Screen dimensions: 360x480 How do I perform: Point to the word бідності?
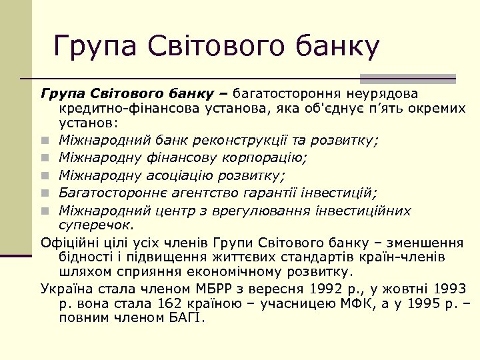pyautogui.click(x=82, y=257)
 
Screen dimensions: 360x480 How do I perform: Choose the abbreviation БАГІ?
pyautogui.click(x=184, y=318)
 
